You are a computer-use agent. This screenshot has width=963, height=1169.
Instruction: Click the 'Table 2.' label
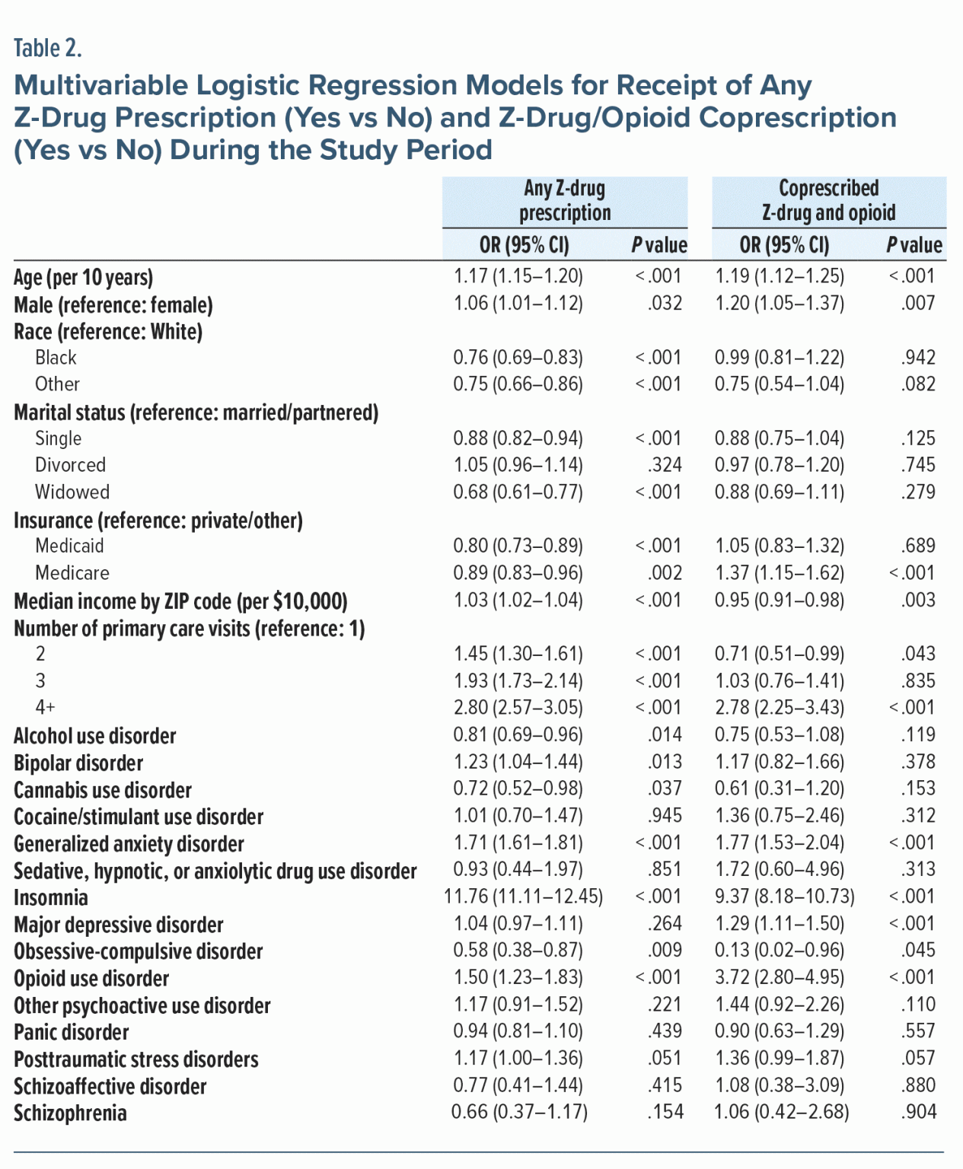(47, 49)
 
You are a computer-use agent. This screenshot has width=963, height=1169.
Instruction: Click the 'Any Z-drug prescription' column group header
(565, 201)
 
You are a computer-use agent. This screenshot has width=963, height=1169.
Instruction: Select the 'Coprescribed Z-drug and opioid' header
(828, 201)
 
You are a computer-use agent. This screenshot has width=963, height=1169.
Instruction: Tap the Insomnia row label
(51, 898)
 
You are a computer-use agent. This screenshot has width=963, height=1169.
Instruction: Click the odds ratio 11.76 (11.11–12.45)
(523, 897)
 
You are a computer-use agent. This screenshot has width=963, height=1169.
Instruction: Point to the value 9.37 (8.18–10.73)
(784, 897)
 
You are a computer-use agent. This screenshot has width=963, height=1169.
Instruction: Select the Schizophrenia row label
(70, 1113)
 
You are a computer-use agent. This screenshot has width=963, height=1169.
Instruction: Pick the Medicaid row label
(69, 546)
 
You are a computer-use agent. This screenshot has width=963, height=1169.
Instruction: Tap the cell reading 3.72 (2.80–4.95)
(779, 977)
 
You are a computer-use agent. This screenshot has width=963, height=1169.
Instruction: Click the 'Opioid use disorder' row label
(91, 979)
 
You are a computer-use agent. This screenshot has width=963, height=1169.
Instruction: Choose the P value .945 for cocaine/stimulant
(665, 816)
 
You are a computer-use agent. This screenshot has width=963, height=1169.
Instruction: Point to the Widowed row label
(72, 492)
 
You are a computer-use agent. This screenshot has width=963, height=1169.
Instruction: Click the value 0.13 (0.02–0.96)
(779, 951)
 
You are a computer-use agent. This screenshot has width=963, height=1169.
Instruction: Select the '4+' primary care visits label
(45, 708)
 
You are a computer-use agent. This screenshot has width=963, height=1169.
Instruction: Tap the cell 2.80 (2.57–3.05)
(518, 708)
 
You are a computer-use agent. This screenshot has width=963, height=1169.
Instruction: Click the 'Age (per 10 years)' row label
(83, 278)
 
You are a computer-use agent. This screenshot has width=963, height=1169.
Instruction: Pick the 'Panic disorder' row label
(72, 1033)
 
